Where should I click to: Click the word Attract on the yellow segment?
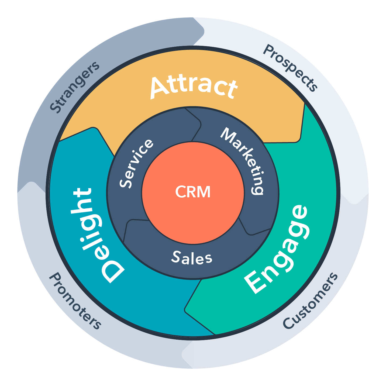194,87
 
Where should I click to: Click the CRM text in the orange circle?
193,192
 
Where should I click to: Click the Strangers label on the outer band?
74,87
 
